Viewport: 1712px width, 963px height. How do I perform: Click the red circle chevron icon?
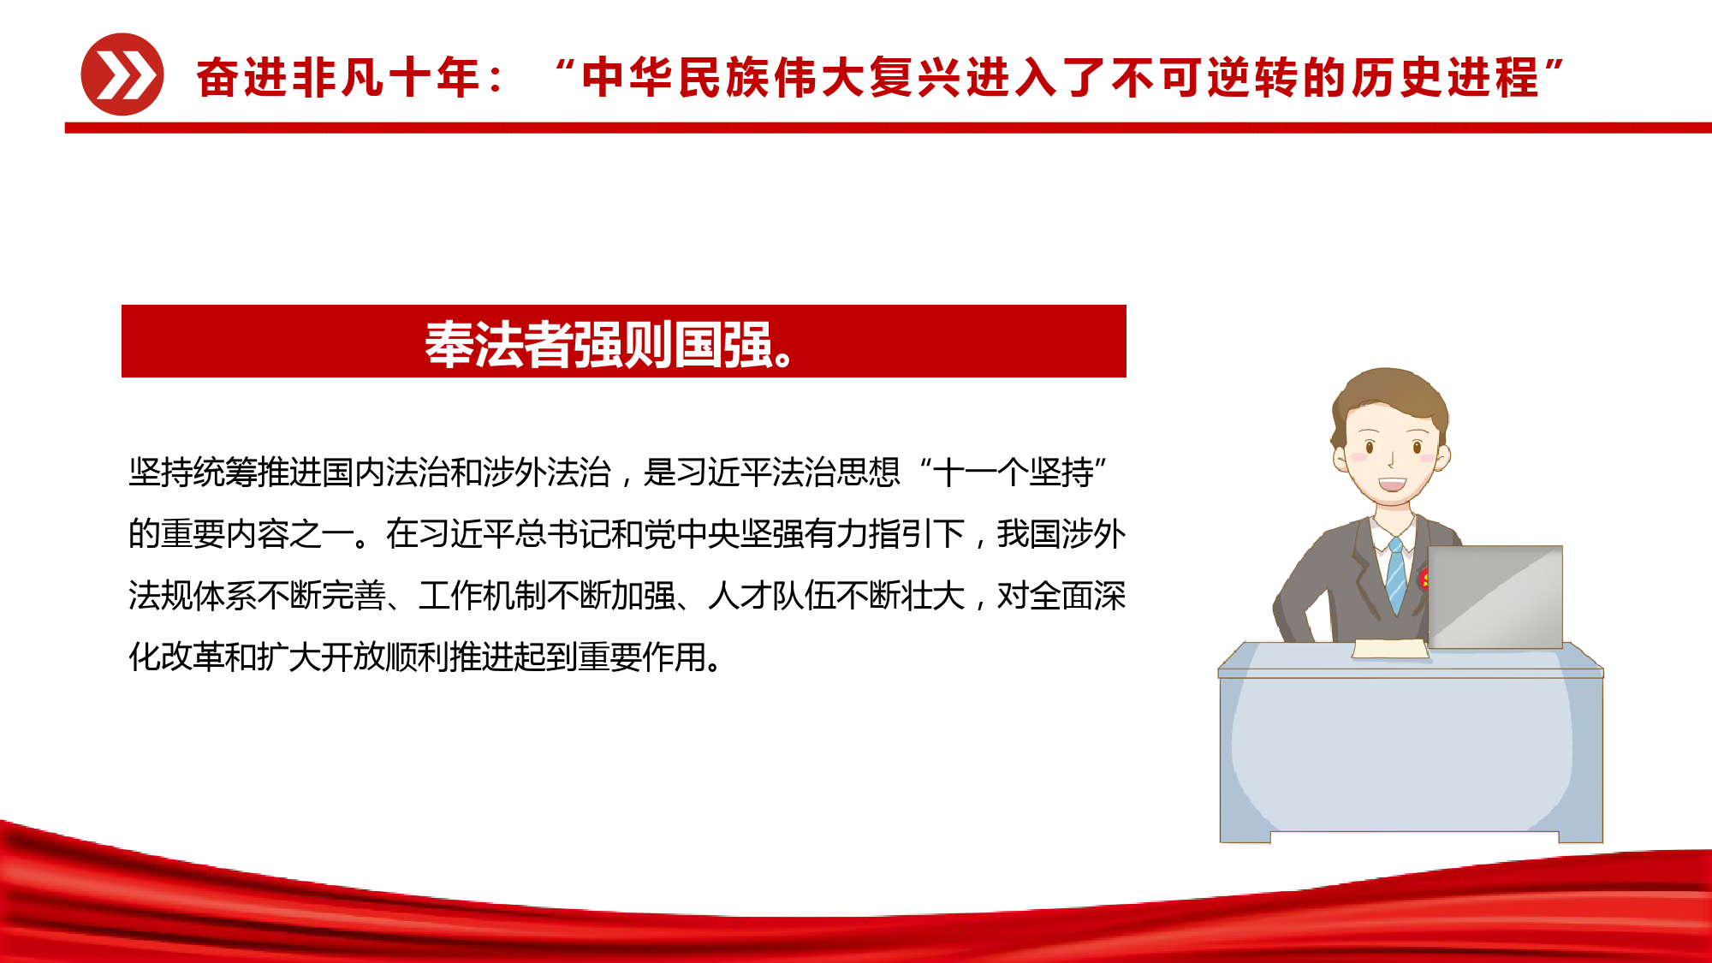click(122, 74)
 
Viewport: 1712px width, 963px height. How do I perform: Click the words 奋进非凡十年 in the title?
click(338, 78)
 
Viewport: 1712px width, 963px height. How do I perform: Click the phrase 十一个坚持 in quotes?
click(1013, 473)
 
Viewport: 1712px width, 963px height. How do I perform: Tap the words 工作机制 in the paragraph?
click(483, 596)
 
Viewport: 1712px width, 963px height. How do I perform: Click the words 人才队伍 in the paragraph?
click(772, 596)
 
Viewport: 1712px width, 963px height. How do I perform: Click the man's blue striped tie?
click(1396, 575)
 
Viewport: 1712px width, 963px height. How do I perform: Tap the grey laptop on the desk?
click(1495, 597)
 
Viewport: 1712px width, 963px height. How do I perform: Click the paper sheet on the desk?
click(1390, 649)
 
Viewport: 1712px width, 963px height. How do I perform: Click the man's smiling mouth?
click(1392, 484)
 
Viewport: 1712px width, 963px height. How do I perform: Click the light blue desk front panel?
click(1411, 754)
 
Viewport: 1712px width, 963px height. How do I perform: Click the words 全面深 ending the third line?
click(1078, 596)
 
